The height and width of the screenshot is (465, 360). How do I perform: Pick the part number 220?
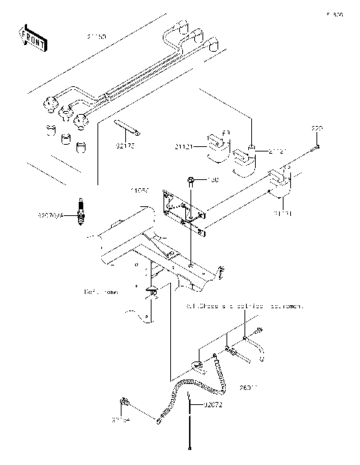[x=317, y=130]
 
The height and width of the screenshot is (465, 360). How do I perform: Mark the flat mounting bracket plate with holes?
[x=182, y=208]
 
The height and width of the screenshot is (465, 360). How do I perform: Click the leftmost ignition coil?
[x=217, y=147]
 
